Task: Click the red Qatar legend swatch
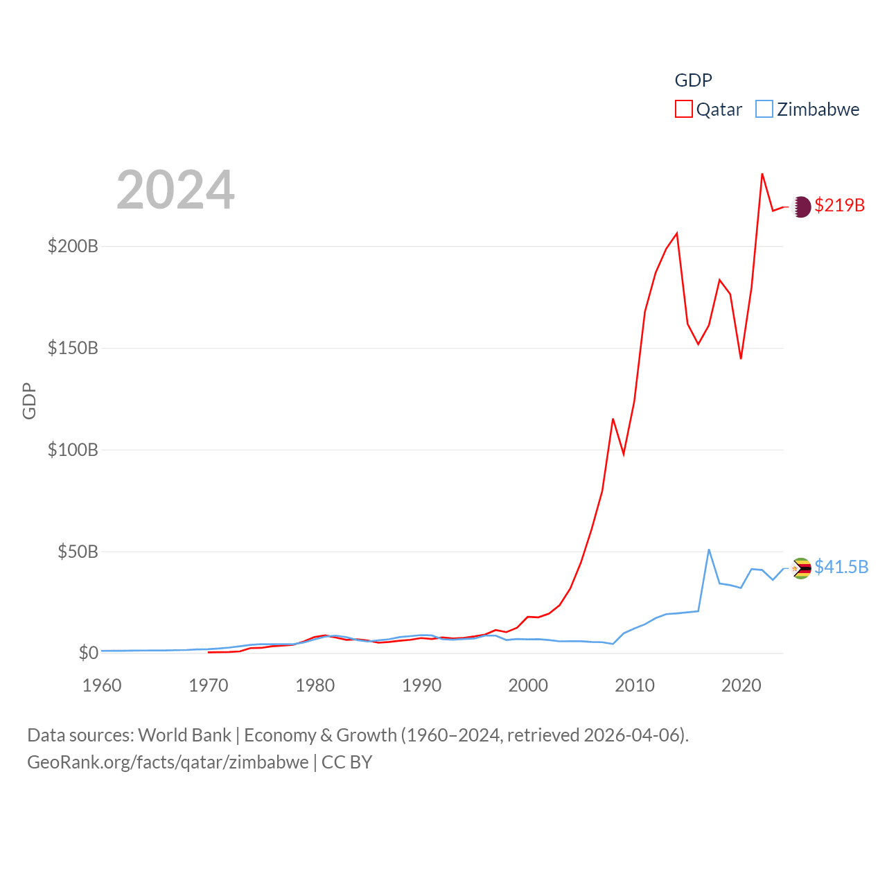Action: coord(684,109)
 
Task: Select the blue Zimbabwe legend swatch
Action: coord(764,109)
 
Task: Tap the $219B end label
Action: coord(839,205)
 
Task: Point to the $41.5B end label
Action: coord(841,567)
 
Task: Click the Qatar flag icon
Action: coord(801,207)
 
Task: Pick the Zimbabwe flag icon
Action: coord(801,568)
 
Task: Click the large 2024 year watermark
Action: coord(175,190)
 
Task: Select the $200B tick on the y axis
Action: coord(73,246)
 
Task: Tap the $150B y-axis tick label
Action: coord(73,348)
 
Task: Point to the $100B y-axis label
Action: coord(73,450)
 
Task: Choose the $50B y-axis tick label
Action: coord(78,552)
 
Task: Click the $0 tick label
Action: coord(88,653)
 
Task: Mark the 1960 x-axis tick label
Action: coord(102,685)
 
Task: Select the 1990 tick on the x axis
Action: coord(421,685)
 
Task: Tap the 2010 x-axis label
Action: coord(635,685)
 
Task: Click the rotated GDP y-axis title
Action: coord(29,401)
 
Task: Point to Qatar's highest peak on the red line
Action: coord(762,174)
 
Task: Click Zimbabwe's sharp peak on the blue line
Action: coord(709,550)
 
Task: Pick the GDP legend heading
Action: coord(693,80)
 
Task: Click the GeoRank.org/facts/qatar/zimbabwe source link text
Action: coord(168,762)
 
